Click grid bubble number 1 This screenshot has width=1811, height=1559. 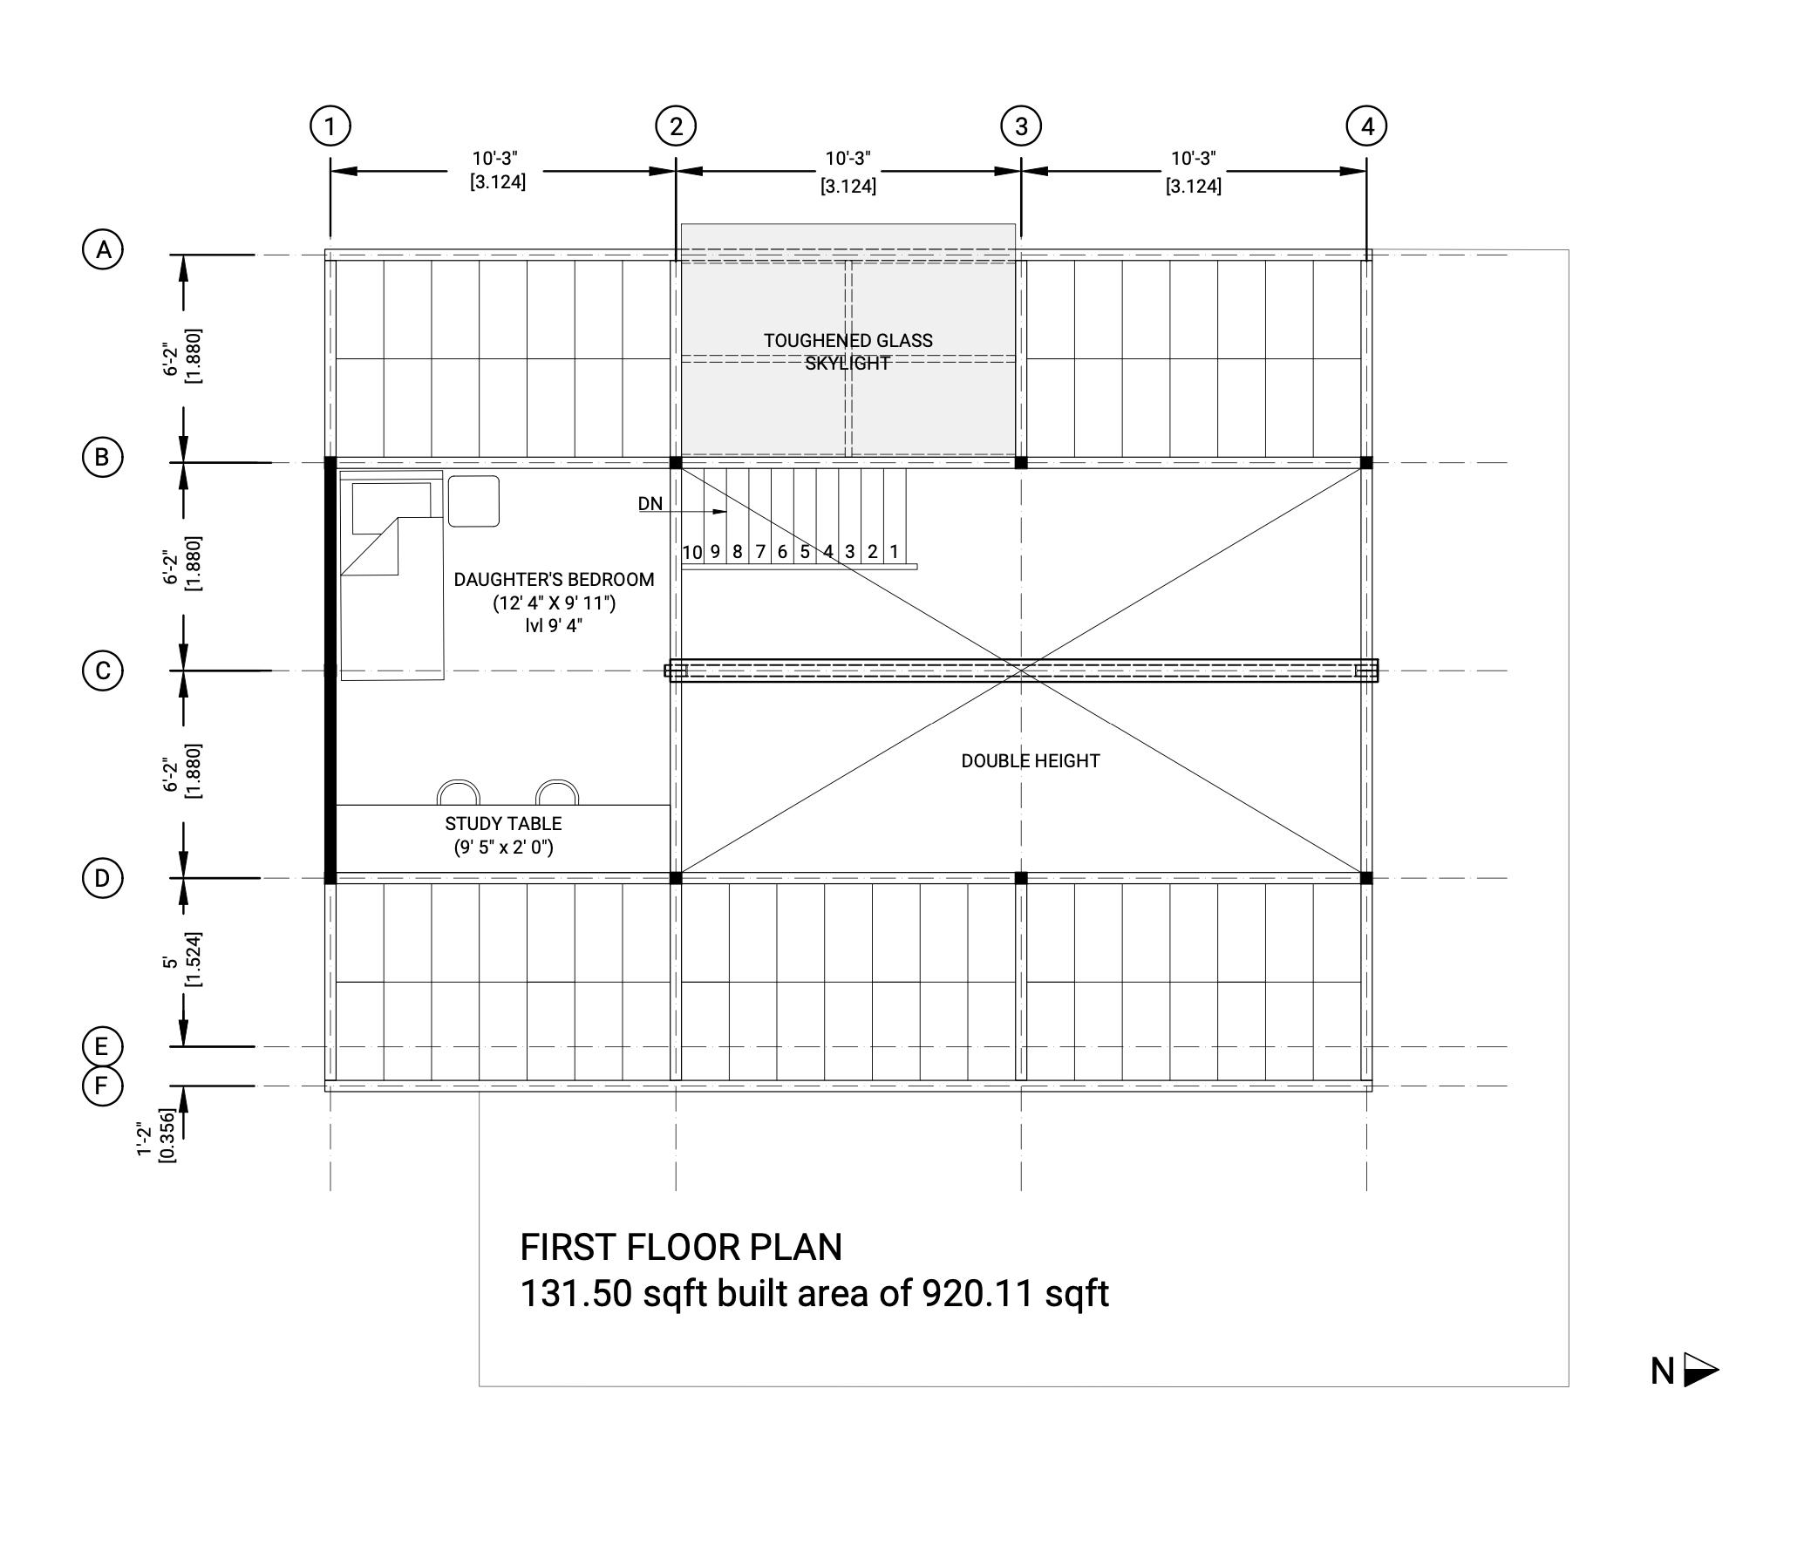pyautogui.click(x=330, y=126)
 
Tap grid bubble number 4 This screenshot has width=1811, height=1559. pyautogui.click(x=1366, y=126)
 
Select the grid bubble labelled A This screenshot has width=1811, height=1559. pyautogui.click(x=103, y=250)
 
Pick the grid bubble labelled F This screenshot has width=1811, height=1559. pyautogui.click(x=101, y=1086)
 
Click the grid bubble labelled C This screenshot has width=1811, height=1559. pyautogui.click(x=102, y=671)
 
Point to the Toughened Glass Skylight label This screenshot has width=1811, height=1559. pyautogui.click(x=848, y=351)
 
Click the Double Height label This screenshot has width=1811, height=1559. pyautogui.click(x=1030, y=761)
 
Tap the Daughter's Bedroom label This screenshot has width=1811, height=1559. pyautogui.click(x=554, y=579)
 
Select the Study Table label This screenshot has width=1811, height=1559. pyautogui.click(x=502, y=823)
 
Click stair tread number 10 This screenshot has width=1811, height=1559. pyautogui.click(x=692, y=552)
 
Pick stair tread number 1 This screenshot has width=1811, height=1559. pyautogui.click(x=894, y=552)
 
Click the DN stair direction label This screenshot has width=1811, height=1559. pyautogui.click(x=650, y=504)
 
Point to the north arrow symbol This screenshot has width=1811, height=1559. pyautogui.click(x=1700, y=1371)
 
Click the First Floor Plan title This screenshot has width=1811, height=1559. pyautogui.click(x=681, y=1247)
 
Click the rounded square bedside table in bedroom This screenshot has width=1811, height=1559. pyautogui.click(x=473, y=501)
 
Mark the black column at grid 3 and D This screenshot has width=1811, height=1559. pyautogui.click(x=1021, y=878)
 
